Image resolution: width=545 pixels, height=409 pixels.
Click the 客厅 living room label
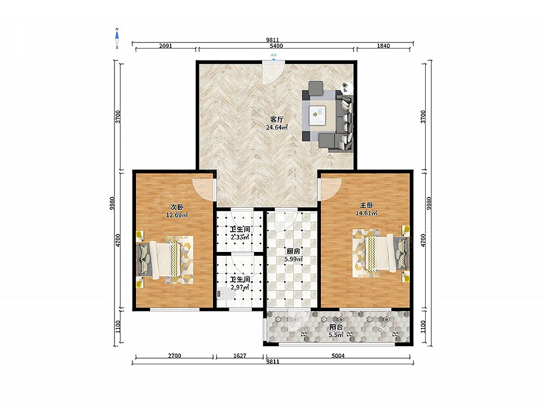(x=277, y=119)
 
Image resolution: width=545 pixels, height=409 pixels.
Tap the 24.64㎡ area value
(x=277, y=127)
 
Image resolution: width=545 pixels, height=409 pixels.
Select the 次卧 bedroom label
(x=177, y=207)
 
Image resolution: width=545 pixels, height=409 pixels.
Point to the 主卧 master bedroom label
(x=366, y=206)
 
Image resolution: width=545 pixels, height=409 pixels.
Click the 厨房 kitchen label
(x=293, y=251)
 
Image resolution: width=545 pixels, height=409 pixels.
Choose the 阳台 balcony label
(x=336, y=327)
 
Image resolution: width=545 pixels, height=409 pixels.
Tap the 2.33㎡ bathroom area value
(x=240, y=238)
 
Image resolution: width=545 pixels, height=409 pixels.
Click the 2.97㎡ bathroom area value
(x=240, y=287)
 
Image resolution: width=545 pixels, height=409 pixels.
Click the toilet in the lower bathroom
(x=226, y=294)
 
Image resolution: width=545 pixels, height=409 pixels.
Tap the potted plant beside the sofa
(x=346, y=86)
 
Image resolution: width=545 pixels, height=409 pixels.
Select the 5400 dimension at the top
(x=276, y=46)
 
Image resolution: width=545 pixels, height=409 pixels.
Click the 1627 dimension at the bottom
(x=240, y=356)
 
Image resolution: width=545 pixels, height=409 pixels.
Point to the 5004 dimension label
(x=338, y=356)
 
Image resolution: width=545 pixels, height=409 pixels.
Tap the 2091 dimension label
(x=166, y=46)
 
